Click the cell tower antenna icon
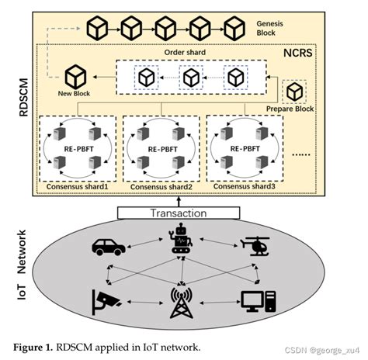tap(183, 303)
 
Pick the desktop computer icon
tap(256, 300)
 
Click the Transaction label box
tap(183, 213)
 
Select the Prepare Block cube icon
tap(295, 92)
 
